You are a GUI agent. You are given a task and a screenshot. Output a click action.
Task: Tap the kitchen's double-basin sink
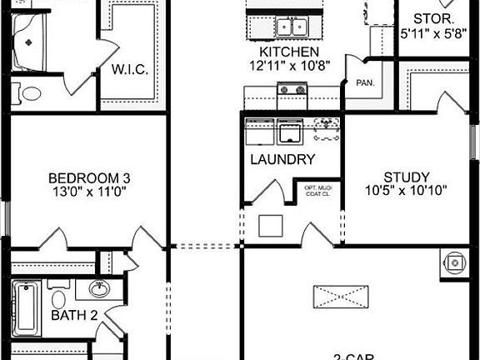(x=291, y=27)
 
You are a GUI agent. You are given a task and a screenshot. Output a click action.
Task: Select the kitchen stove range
(x=291, y=89)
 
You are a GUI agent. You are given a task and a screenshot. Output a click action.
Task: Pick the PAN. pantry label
(x=364, y=83)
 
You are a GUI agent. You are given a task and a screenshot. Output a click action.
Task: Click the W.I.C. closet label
(x=130, y=69)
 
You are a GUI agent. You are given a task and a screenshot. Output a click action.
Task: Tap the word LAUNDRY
(x=282, y=159)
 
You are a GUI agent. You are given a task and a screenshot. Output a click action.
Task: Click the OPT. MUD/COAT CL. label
(x=318, y=192)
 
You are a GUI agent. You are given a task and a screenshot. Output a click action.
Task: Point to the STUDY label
(x=407, y=177)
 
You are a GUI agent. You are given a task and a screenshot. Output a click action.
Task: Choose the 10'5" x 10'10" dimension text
(x=407, y=190)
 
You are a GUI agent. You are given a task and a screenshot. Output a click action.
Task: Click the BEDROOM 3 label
(x=88, y=177)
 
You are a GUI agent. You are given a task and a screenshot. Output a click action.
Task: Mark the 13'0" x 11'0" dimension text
(x=88, y=190)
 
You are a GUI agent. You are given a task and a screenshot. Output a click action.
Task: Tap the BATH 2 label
(x=74, y=315)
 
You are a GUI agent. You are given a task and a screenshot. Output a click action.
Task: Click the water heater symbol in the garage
(x=455, y=262)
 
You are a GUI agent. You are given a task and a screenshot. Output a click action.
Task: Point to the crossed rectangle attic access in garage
(x=341, y=297)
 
